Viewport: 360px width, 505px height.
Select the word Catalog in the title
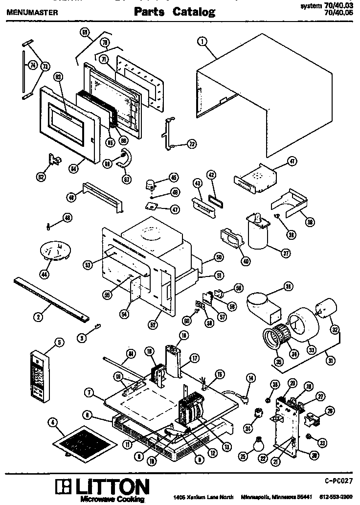click(x=193, y=12)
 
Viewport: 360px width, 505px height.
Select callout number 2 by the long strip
click(x=37, y=317)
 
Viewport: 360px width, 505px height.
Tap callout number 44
click(x=45, y=274)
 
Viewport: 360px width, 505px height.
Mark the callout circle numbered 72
click(x=192, y=144)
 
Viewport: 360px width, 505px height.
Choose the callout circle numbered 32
click(x=335, y=329)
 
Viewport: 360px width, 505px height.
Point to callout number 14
click(x=251, y=377)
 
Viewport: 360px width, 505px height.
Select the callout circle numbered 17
click(x=194, y=358)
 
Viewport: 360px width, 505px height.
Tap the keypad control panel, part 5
click(x=40, y=376)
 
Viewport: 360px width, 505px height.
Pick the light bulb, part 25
click(x=259, y=443)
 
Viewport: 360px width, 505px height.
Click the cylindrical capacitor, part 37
click(x=258, y=234)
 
